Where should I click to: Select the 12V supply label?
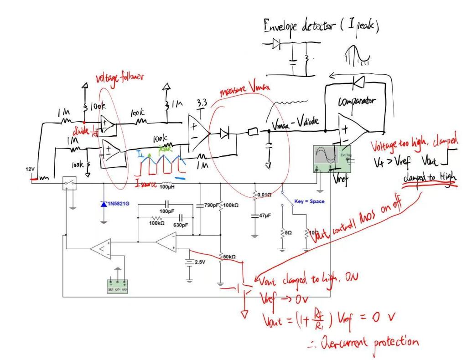coord(30,170)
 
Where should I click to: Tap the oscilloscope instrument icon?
coord(327,159)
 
